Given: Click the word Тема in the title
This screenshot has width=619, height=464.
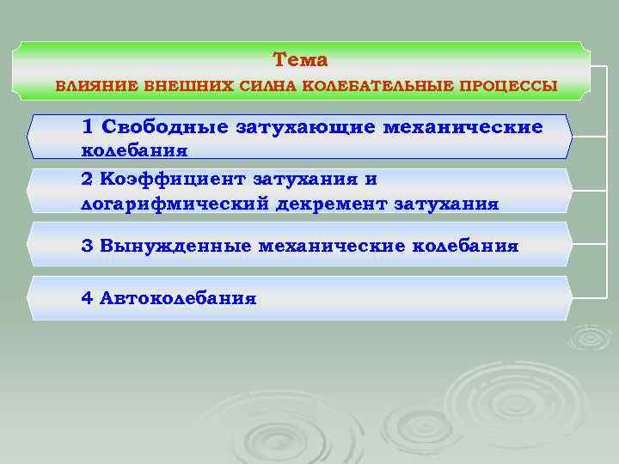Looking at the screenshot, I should point(300,60).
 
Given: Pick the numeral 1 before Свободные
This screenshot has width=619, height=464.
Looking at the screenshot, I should point(87,127).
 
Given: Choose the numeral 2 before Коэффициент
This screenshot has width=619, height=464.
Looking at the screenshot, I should point(87,180).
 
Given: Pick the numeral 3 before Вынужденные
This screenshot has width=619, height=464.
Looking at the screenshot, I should point(87,246).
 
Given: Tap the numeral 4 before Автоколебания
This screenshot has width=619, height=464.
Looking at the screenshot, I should point(87,298).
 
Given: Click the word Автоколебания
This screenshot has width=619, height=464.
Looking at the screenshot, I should point(178,298).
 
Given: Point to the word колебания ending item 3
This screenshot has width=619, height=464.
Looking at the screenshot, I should point(466,246).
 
